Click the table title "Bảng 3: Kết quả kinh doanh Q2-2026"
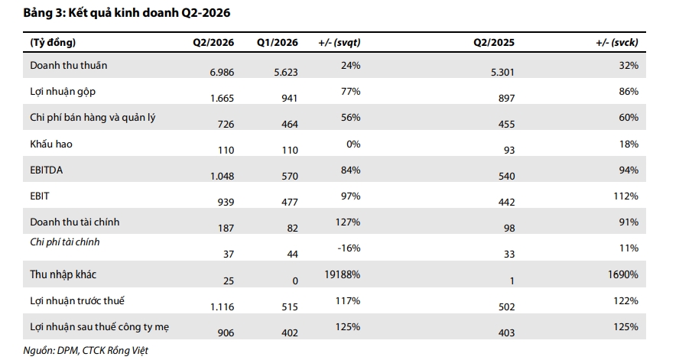pos(127,13)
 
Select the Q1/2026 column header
pos(277,42)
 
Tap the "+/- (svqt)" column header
pos(339,42)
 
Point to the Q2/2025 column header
pos(494,42)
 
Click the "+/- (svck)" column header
pos(617,42)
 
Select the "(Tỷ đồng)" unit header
pos(53,42)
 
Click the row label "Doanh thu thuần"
pos(68,65)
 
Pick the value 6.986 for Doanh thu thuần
pos(222,73)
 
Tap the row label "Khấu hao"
pos(51,144)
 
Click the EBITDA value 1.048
pos(222,176)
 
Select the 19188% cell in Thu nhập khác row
pos(342,274)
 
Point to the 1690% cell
pos(622,274)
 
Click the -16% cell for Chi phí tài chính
pos(349,248)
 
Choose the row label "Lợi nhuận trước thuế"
pos(77,300)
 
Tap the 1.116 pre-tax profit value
pos(222,307)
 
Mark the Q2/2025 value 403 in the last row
pos(506,333)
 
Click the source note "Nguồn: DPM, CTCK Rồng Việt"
pos(86,351)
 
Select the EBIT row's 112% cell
pos(625,196)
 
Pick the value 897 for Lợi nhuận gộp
pos(506,99)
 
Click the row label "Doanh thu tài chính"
pos(74,222)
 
